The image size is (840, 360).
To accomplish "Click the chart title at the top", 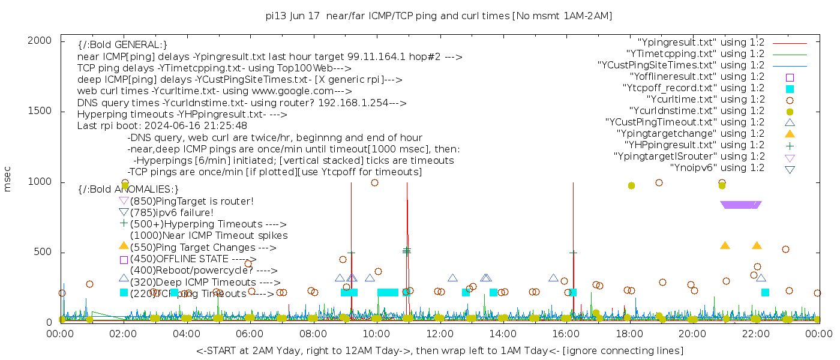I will pos(439,16).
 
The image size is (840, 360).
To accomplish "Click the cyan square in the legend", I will pos(790,88).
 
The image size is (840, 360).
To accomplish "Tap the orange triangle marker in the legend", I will pos(790,133).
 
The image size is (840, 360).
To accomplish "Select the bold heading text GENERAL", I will pos(139,45).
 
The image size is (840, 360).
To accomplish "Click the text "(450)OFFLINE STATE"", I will pos(180,259).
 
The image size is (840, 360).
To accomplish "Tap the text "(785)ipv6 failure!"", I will pos(172,212).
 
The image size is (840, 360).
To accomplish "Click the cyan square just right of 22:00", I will pos(765,292).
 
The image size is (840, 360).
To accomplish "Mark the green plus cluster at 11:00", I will pos(407,250).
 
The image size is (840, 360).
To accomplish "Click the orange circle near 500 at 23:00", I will pos(785,249).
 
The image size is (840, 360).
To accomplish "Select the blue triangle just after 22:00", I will pos(761,277).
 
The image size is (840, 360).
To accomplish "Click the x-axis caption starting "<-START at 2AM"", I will pos(439,350).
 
